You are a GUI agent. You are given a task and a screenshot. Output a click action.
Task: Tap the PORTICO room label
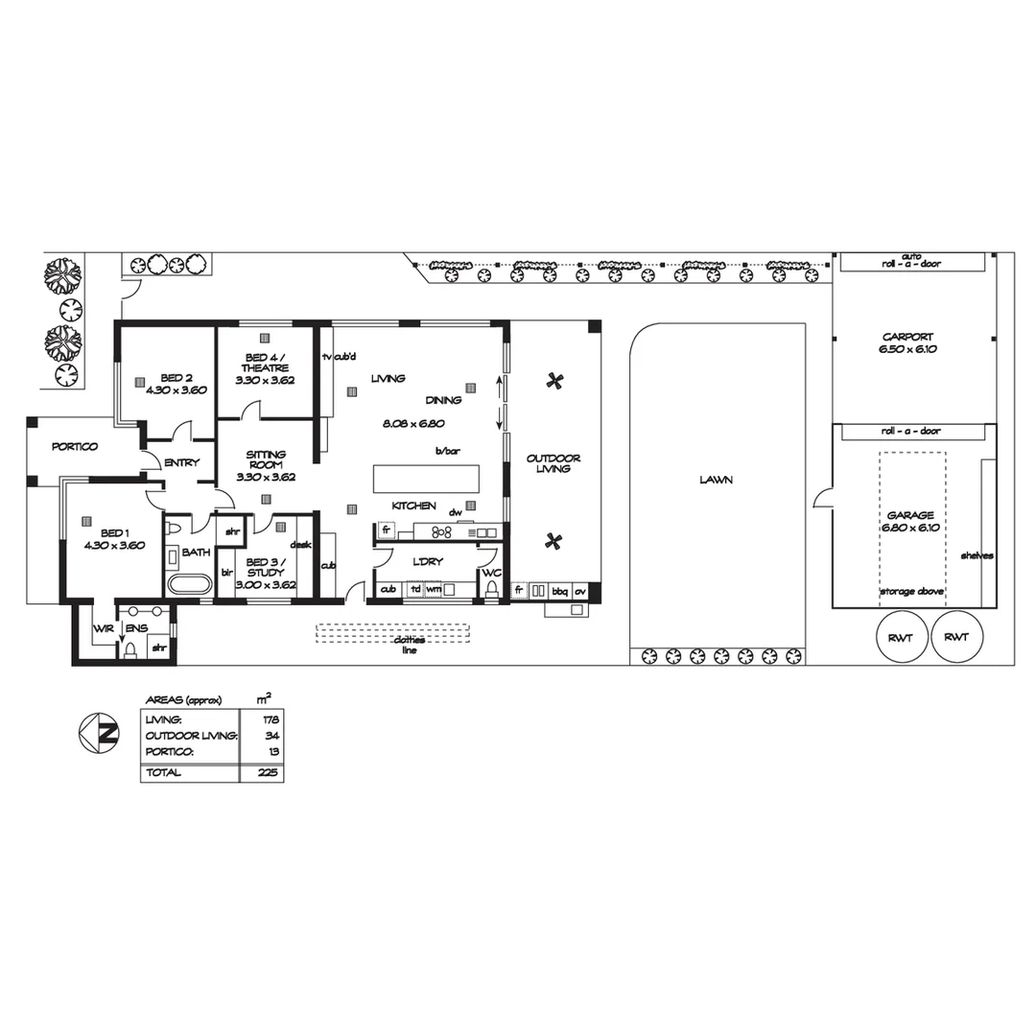(74, 447)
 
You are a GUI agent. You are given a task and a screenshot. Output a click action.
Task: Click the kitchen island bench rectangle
(426, 478)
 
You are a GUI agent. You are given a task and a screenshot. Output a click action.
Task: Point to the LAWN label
(716, 480)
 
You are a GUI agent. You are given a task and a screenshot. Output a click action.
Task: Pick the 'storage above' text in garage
(911, 592)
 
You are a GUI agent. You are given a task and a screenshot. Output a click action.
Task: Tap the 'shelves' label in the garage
(977, 555)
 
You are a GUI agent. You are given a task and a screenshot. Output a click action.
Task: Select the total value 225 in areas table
(269, 772)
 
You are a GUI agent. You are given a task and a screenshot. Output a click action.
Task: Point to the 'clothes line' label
(409, 644)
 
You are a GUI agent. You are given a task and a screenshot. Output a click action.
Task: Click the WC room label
(491, 573)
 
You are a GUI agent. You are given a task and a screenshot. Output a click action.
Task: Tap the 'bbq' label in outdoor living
(559, 591)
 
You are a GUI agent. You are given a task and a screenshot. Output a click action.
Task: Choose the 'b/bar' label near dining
(445, 450)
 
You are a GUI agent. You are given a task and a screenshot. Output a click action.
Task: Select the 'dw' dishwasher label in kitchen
(455, 512)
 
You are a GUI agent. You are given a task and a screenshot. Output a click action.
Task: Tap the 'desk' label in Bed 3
(300, 544)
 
